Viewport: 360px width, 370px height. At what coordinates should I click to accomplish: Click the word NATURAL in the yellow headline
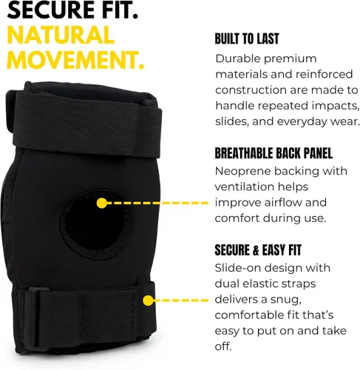coord(61,35)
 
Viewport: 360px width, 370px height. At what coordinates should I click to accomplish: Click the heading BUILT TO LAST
coord(247,39)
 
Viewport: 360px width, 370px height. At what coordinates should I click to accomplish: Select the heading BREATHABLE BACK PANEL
coord(274,153)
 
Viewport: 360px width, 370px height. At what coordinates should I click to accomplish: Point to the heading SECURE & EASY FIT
coord(258,250)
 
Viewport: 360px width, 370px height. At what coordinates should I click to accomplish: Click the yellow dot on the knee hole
coord(101,203)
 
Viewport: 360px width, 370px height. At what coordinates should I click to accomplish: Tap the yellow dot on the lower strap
coord(148,300)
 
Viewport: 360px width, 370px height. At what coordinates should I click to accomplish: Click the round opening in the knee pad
coord(96,224)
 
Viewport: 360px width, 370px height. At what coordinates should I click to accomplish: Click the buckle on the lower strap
coord(35,308)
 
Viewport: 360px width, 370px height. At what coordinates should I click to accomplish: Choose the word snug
coord(286,300)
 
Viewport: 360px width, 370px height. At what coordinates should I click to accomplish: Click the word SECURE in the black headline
coord(47,10)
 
